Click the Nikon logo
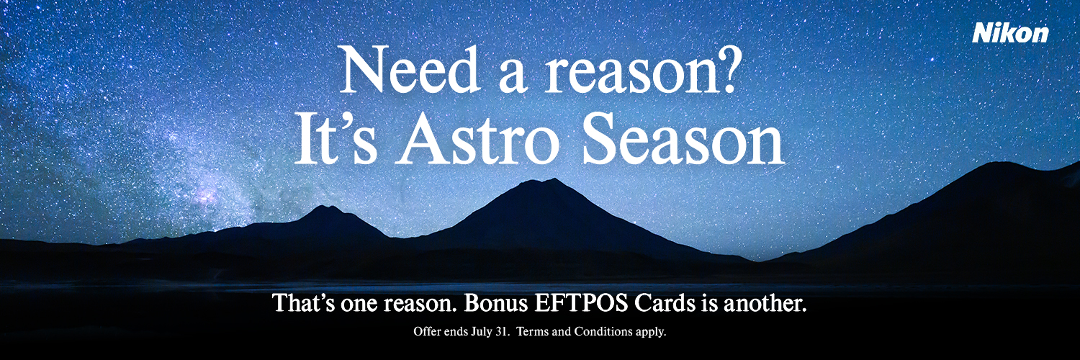point(1010,33)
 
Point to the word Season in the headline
point(684,139)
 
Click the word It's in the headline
point(336,139)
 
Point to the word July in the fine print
point(482,332)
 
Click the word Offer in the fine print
point(426,332)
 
